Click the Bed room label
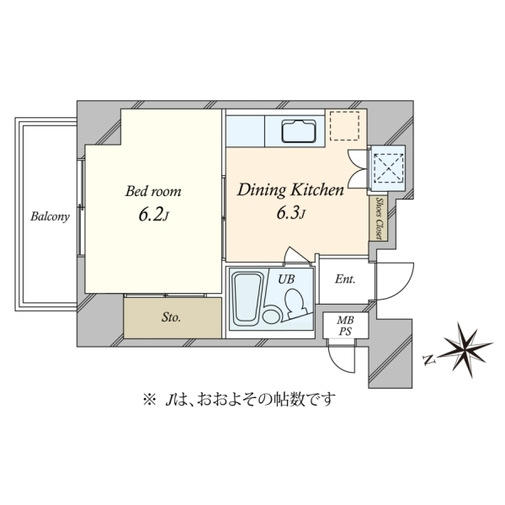(153, 191)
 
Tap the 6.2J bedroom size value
(154, 215)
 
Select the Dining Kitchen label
(290, 189)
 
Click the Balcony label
(50, 216)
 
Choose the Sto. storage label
(171, 317)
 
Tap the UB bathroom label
(286, 279)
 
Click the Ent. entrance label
(345, 279)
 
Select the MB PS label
(345, 326)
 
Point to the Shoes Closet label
(379, 218)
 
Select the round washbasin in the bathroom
(271, 314)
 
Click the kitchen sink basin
(298, 130)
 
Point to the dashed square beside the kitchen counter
(345, 126)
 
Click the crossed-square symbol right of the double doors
(389, 167)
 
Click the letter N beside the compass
(429, 359)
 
